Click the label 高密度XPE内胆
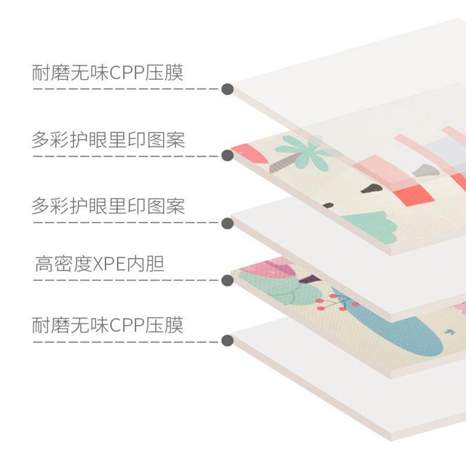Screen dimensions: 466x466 pos(100,265)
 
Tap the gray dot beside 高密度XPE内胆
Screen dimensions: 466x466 pos(228,280)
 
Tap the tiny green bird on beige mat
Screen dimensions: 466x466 pos(449,332)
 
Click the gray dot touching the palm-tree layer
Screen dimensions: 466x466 pos(228,156)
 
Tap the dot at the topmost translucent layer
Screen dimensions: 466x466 pos(228,89)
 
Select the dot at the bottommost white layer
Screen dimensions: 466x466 pos(228,341)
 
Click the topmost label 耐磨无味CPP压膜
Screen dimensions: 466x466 pos(108,73)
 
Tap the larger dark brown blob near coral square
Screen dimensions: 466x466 pos(369,189)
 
